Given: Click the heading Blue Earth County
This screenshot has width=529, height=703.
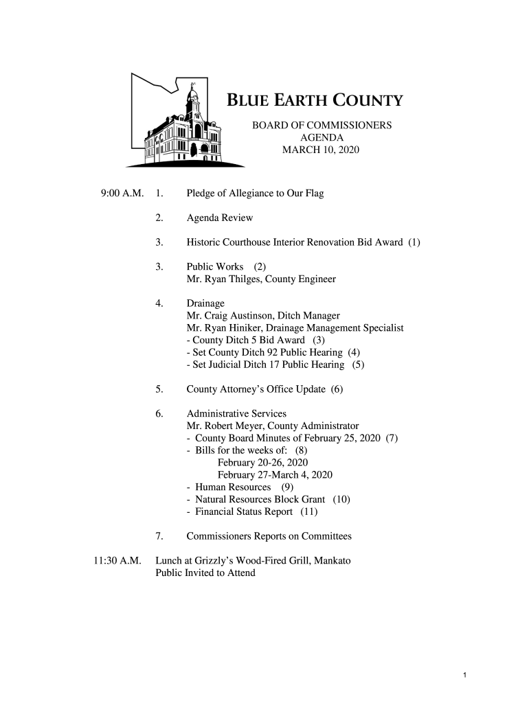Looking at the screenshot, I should coord(315,102).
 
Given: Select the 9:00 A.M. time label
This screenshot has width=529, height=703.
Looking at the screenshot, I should coord(122,194).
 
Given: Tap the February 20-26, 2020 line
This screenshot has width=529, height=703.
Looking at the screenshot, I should coord(262,463).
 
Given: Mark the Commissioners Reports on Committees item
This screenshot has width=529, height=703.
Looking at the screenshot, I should coord(269,536).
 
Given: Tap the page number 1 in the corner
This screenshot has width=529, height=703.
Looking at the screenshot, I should coord(465,676).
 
